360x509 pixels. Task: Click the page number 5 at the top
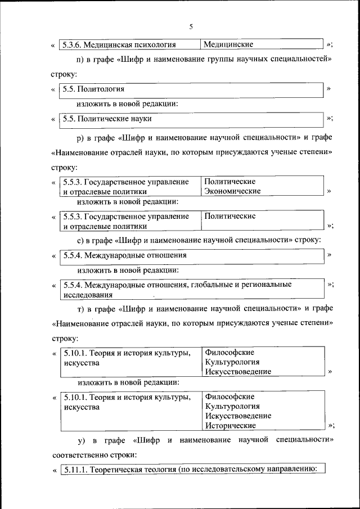pos(191,26)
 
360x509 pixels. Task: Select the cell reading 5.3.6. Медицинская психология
pos(119,44)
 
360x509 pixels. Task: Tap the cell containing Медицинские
pos(228,44)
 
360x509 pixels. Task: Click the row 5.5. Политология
pos(93,89)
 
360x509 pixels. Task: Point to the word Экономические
pos(232,191)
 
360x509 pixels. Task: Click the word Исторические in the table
pos(231,426)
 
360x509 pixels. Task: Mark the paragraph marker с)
pos(80,240)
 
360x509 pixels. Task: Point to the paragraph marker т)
pos(80,309)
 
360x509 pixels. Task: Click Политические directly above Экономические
pos(230,182)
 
